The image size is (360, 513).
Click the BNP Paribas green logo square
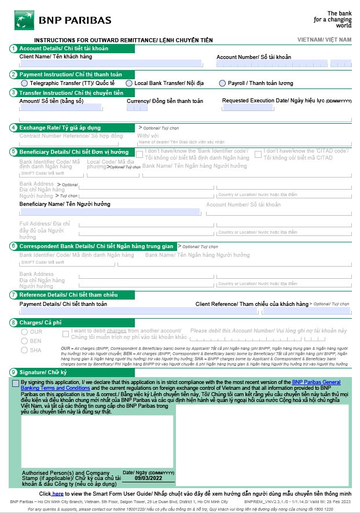coord(24,20)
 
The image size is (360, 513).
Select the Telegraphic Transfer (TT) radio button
coord(25,83)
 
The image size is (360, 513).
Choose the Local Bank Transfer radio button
coord(130,83)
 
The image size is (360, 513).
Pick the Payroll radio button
coord(222,83)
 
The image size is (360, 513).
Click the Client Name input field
coord(111,64)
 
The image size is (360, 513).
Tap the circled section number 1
coord(13,49)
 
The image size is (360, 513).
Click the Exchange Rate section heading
coord(60,127)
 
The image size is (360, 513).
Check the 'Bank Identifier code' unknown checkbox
coord(139,154)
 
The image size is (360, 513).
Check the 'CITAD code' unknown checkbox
coord(258,154)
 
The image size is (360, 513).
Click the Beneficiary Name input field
coord(110,212)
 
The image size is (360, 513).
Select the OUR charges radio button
coord(24,332)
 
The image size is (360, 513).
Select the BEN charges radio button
coord(24,341)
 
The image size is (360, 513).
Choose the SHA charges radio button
coord(24,350)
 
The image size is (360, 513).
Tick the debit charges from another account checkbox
coord(66,333)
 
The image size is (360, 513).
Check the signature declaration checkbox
coord(15,383)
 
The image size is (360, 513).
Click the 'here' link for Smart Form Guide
coord(58,493)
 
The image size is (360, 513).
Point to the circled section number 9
coord(13,372)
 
